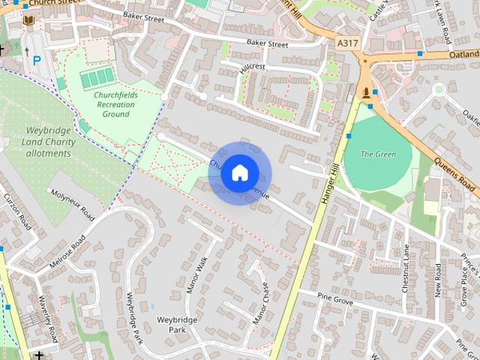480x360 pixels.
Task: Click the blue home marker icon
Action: pyautogui.click(x=239, y=173)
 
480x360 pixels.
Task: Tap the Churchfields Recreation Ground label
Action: pyautogui.click(x=115, y=104)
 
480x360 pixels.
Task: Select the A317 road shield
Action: pyautogui.click(x=347, y=43)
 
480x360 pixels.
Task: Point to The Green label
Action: pyautogui.click(x=378, y=154)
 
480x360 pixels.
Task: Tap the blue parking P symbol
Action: pyautogui.click(x=36, y=61)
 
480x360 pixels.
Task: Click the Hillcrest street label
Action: pyautogui.click(x=253, y=67)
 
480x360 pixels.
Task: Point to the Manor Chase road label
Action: pyautogui.click(x=260, y=302)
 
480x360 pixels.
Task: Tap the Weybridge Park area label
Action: pyautogui.click(x=177, y=325)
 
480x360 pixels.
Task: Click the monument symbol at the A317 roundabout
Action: pyautogui.click(x=366, y=92)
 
